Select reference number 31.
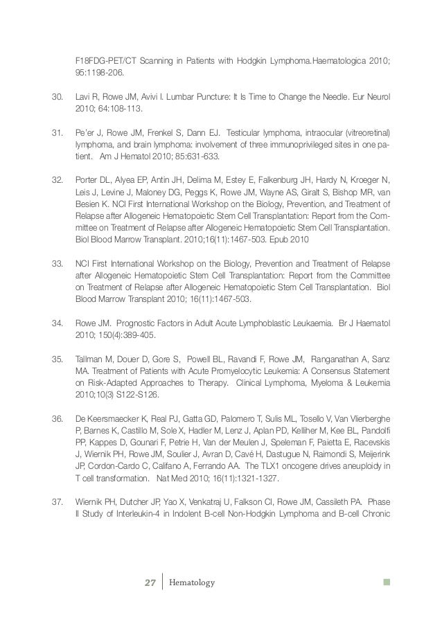point(58,132)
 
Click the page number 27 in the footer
point(148,582)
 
